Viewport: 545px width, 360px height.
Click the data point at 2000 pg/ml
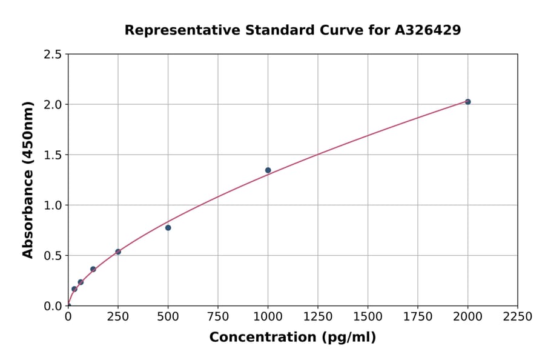click(x=467, y=102)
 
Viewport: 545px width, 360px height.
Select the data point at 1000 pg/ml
click(x=268, y=170)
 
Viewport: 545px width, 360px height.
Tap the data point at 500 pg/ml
click(x=168, y=228)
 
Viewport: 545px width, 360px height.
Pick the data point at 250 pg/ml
click(x=118, y=252)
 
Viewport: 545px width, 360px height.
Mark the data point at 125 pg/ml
click(x=93, y=269)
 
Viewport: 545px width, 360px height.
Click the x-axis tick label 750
click(x=218, y=317)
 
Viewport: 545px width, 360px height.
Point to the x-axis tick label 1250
click(x=318, y=317)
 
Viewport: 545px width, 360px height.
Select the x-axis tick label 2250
click(x=518, y=317)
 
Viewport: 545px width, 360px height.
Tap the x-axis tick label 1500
click(x=368, y=317)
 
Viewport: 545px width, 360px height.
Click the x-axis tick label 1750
click(x=418, y=317)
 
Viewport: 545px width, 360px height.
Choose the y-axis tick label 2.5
click(x=53, y=55)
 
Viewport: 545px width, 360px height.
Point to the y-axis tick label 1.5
click(x=53, y=155)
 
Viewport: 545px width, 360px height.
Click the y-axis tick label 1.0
click(x=53, y=205)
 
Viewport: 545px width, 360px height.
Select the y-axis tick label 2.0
click(x=53, y=105)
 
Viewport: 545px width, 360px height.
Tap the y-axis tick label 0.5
click(x=53, y=256)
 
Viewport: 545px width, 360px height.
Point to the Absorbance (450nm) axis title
click(x=28, y=179)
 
